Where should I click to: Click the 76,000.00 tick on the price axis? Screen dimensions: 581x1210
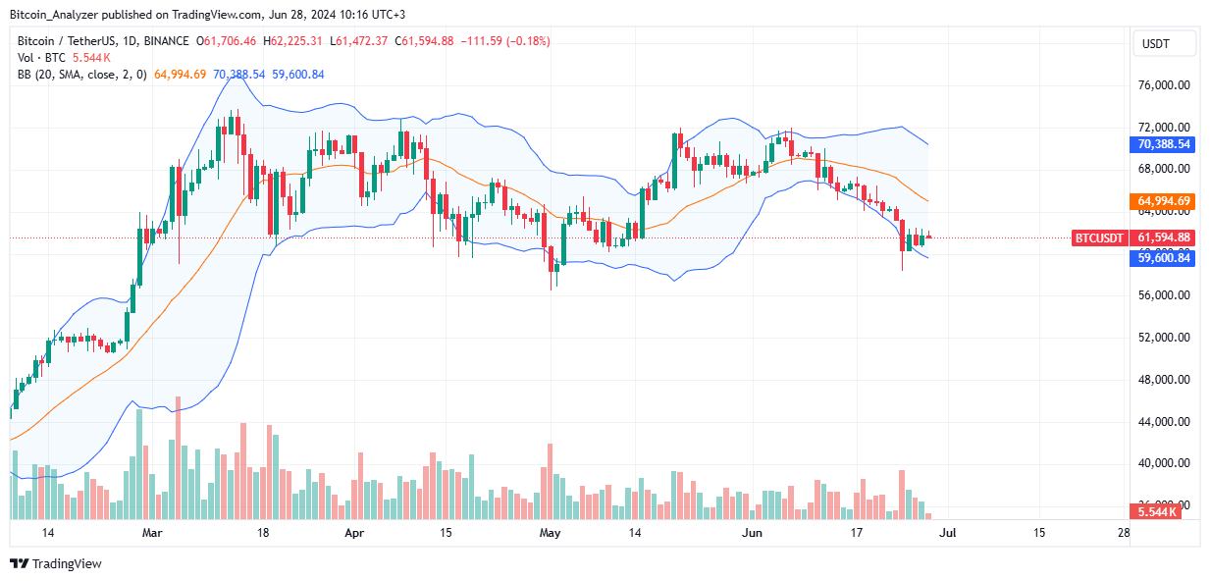pos(1164,85)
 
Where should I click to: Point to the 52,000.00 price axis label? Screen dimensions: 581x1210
pos(1164,338)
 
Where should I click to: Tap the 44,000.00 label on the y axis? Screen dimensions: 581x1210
pos(1164,422)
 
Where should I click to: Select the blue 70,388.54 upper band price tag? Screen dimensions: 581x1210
pos(1164,143)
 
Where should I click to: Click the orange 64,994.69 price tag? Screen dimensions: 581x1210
pos(1164,201)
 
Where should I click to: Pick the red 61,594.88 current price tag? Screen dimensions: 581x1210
pos(1164,238)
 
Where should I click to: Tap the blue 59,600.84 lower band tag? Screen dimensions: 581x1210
pos(1164,257)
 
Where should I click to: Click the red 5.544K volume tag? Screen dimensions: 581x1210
pos(1164,512)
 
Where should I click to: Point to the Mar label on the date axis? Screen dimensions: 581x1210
pos(151,533)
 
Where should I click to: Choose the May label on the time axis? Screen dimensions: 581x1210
pos(550,533)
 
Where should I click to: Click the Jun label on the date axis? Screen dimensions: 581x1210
pos(752,533)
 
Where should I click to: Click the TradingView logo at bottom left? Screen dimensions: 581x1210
pos(56,563)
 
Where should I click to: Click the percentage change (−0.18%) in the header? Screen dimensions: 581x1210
pos(525,41)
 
